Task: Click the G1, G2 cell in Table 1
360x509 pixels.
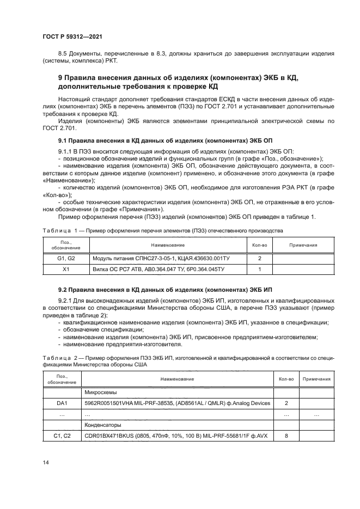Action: pos(66,258)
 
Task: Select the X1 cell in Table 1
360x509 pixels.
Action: pos(66,269)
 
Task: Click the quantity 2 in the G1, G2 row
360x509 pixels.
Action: pos(259,258)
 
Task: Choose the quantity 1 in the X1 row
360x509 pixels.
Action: pos(259,269)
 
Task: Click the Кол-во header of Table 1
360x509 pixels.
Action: pos(259,245)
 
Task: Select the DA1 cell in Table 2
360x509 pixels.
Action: pos(61,403)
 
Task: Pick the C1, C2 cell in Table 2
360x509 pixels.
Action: pos(61,436)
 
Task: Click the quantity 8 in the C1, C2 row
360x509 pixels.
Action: pos(286,436)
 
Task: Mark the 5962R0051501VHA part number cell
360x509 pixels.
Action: pos(177,403)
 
